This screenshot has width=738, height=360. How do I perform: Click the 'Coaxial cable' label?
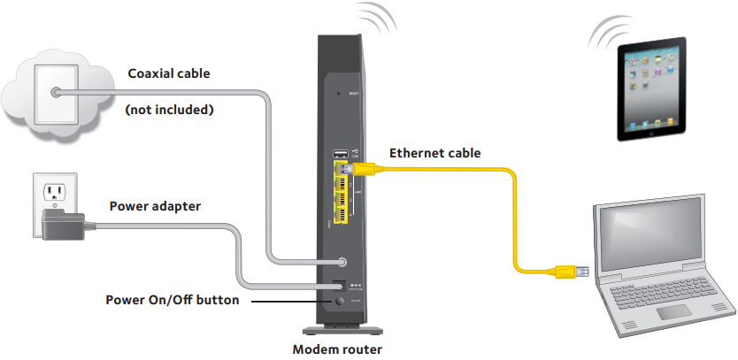169,74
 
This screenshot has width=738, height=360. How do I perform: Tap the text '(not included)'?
169,111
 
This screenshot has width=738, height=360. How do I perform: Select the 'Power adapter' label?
155,207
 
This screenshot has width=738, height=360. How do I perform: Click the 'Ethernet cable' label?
434,153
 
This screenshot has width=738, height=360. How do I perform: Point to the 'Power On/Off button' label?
172,300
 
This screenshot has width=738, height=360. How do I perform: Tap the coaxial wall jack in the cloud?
56,92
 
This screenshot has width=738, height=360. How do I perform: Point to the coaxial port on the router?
342,263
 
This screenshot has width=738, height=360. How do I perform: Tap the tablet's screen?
653,88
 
